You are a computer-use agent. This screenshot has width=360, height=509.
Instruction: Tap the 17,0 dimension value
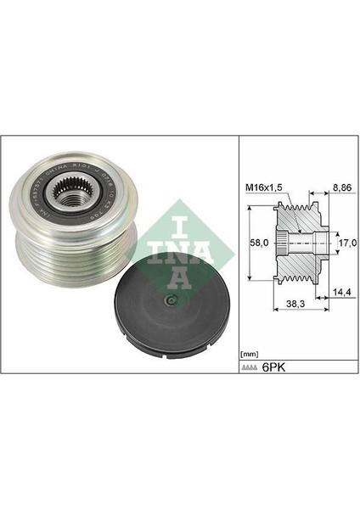tap(344, 243)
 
